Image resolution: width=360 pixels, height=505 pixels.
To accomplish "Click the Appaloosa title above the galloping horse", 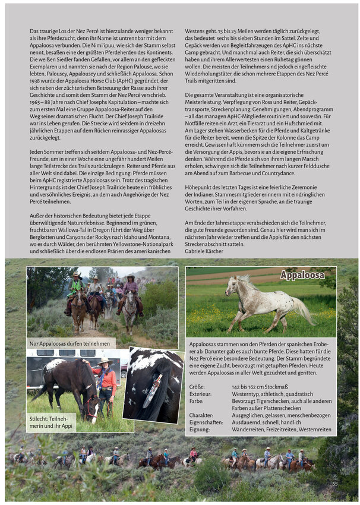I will [302, 275].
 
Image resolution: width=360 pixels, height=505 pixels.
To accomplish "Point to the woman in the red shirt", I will [107, 384].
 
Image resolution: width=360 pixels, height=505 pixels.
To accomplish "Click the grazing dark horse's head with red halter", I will [91, 409].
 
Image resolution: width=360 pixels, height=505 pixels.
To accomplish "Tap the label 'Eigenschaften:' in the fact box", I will [205, 422].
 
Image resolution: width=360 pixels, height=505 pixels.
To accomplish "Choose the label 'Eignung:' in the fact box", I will [199, 429].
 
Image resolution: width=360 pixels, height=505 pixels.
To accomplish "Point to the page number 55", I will [334, 484].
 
